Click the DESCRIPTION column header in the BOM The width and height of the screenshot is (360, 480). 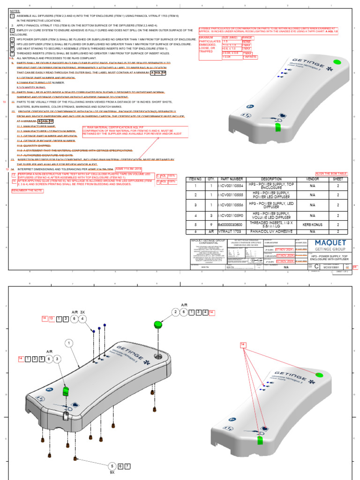pos(271,179)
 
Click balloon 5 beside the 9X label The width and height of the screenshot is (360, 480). pos(112,466)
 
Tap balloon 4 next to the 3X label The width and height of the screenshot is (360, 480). pos(82,319)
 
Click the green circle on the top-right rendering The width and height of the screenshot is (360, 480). pos(336,62)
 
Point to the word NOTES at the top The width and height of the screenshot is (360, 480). pos(15,10)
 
